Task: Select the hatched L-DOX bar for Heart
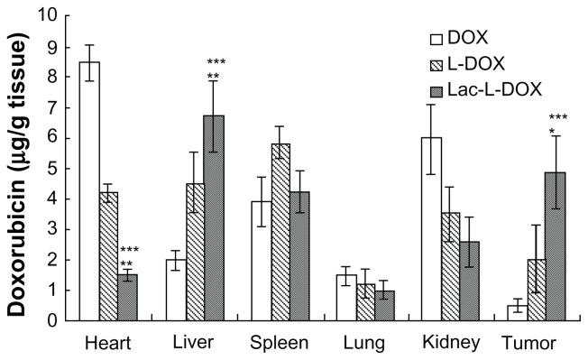[108, 256]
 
